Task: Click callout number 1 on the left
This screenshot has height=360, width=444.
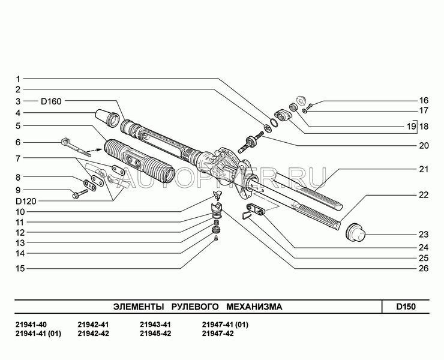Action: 19,79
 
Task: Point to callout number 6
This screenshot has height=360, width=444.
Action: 19,142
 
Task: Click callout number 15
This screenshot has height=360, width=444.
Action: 19,268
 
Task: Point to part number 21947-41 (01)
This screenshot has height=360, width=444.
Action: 226,325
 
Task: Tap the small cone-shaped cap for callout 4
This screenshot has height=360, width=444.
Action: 107,116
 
